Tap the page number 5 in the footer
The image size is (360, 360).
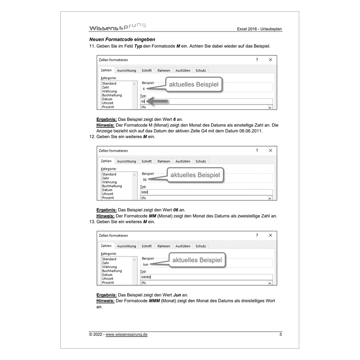click(280, 334)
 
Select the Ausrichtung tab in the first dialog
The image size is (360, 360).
click(126, 71)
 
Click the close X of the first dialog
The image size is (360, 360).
click(270, 59)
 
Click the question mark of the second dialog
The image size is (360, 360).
click(257, 150)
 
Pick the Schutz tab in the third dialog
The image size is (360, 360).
click(201, 246)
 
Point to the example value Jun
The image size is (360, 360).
click(145, 265)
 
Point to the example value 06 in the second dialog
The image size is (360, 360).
click(144, 180)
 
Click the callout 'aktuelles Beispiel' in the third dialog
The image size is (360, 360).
click(197, 260)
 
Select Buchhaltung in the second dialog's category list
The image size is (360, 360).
click(112, 186)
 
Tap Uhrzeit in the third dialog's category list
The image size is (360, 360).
click(108, 279)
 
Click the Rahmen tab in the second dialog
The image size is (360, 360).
click(164, 161)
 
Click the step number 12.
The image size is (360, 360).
click(93, 136)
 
